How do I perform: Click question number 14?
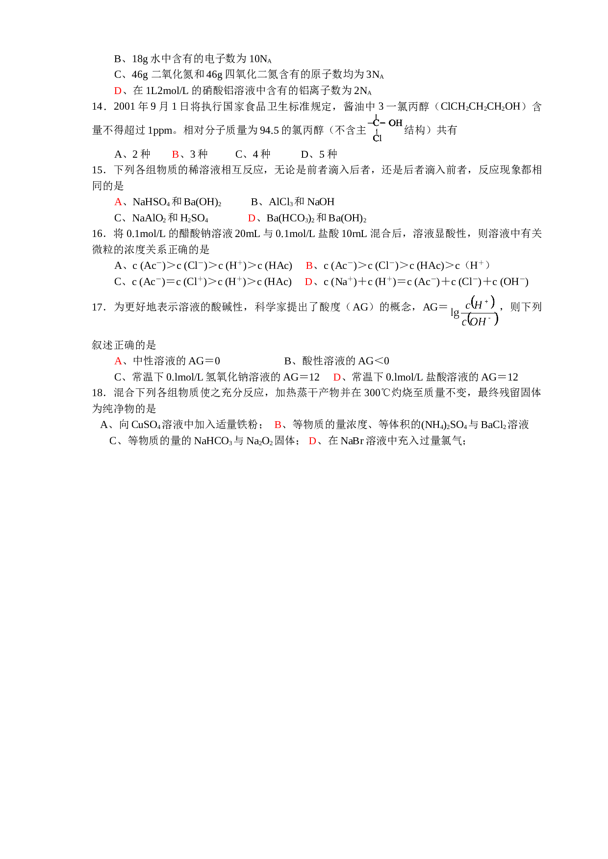click(98, 107)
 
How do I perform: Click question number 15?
click(98, 170)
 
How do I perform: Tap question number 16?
click(98, 234)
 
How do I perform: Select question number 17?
click(98, 307)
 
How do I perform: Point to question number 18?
click(98, 393)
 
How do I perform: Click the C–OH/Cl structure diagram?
click(385, 129)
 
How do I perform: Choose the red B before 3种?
click(176, 154)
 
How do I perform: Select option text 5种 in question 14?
click(329, 154)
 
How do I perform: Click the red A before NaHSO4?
click(118, 202)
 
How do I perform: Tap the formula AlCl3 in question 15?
click(280, 202)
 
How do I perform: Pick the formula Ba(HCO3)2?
click(290, 218)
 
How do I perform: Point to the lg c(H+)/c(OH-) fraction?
click(475, 311)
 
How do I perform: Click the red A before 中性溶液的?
click(118, 361)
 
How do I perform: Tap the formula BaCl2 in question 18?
click(494, 425)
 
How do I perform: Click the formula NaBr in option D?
click(352, 441)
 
